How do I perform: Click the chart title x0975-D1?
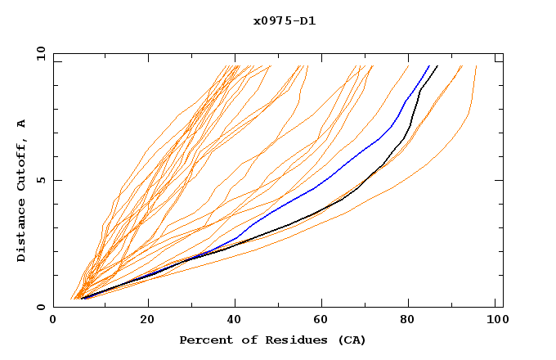tap(285, 20)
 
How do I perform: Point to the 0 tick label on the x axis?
tap(53, 320)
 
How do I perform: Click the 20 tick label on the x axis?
tap(147, 320)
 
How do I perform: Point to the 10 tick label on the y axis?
tap(39, 53)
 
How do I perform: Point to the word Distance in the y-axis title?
tap(22, 231)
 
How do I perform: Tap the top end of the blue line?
tap(429, 65)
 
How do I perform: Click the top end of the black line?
tap(437, 65)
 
